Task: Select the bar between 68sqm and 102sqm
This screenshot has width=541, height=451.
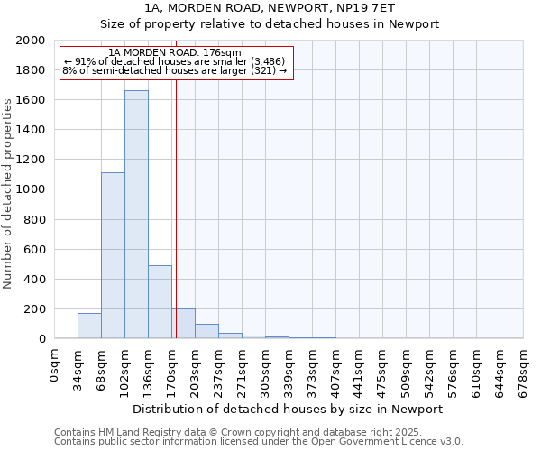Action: [x=113, y=255]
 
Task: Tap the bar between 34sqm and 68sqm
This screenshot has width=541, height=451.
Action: [x=89, y=326]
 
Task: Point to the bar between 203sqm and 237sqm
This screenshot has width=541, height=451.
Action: [x=206, y=331]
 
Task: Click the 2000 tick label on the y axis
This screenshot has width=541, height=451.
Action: [x=32, y=41]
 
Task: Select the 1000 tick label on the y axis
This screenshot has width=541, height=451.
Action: [x=32, y=189]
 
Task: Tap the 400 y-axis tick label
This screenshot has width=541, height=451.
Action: [x=37, y=280]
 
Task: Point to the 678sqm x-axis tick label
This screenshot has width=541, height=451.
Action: [x=524, y=369]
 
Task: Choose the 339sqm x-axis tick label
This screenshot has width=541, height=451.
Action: [x=289, y=369]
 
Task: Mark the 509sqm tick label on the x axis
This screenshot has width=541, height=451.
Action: [x=407, y=369]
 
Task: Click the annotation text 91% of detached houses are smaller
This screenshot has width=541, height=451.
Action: [x=174, y=61]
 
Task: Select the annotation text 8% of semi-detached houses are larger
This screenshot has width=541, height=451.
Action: [x=174, y=70]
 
